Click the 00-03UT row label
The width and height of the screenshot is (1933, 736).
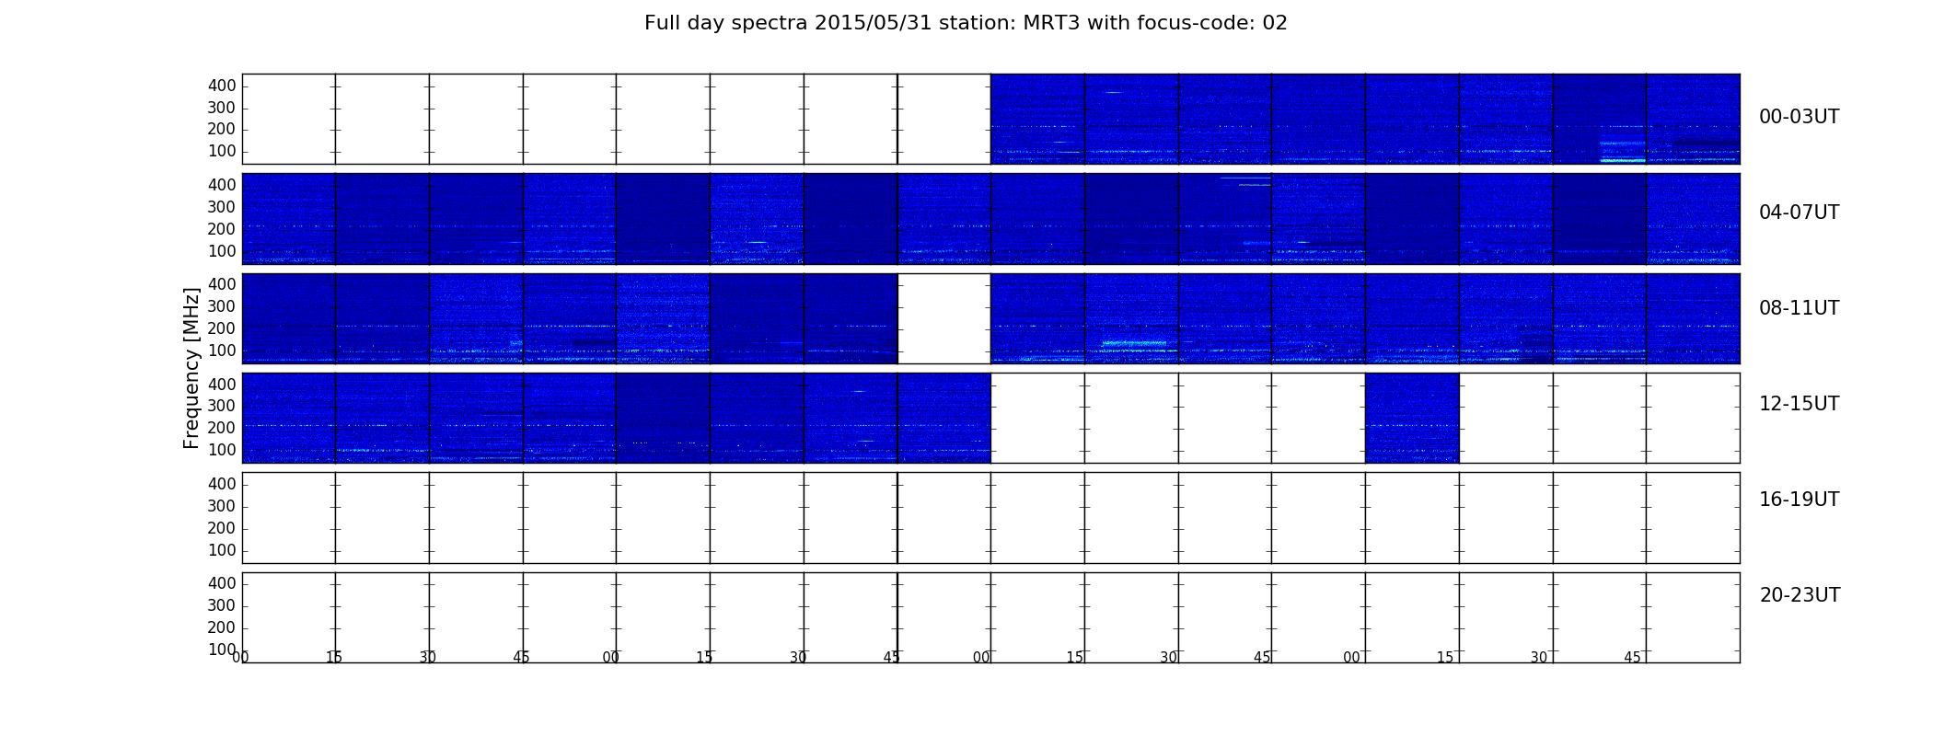[x=1799, y=117]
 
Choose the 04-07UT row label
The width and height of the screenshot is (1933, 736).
[x=1799, y=213]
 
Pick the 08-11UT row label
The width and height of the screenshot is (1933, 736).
[x=1799, y=308]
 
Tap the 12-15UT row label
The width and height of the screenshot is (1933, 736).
[x=1799, y=404]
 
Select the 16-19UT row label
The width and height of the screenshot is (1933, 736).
[x=1799, y=500]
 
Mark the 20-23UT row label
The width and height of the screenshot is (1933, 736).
[x=1800, y=595]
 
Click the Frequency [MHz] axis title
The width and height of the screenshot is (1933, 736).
[x=191, y=368]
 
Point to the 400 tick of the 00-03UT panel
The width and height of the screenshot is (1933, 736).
[x=222, y=86]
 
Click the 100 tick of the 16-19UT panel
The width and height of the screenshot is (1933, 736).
[x=222, y=550]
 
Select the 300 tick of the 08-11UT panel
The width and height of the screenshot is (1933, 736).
[x=222, y=306]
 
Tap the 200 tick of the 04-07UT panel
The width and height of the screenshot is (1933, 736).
[x=222, y=229]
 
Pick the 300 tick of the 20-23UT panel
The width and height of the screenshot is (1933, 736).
[x=222, y=605]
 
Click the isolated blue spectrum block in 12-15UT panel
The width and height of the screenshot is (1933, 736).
[x=1412, y=418]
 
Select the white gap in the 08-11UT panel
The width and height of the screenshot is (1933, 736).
[x=943, y=318]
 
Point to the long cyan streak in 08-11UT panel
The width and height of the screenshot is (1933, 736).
[x=1134, y=343]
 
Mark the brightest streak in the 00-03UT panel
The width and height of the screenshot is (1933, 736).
[x=1623, y=160]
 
